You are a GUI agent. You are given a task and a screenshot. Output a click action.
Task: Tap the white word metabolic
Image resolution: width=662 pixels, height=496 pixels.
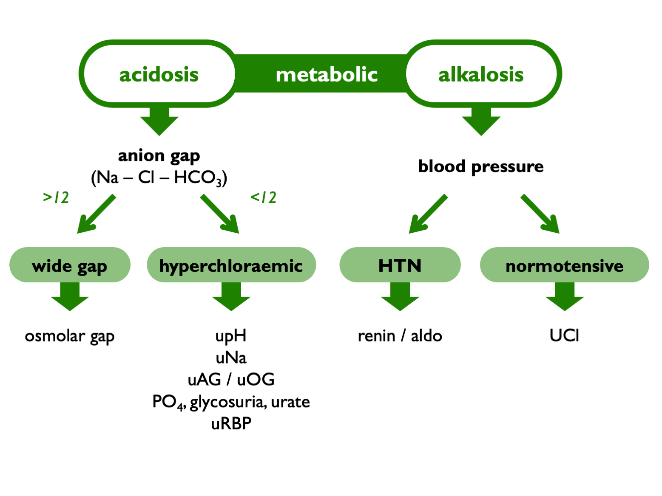327,75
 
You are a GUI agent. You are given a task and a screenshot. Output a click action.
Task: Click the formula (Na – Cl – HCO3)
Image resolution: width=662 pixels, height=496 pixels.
159,178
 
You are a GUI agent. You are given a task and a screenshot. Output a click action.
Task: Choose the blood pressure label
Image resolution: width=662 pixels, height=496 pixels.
481,167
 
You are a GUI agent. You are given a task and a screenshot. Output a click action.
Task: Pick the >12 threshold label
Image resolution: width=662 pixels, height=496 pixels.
56,197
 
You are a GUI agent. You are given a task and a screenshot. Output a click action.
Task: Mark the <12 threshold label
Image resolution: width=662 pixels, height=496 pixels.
263,197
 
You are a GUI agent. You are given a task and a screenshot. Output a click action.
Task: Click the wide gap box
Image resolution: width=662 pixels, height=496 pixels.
70,265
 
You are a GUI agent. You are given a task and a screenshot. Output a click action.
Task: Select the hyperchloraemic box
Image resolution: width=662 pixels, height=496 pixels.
231,265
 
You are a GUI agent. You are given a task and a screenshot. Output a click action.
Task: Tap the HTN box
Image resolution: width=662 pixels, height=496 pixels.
400,265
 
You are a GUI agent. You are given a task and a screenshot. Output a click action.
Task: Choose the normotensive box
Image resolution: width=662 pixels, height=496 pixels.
565,265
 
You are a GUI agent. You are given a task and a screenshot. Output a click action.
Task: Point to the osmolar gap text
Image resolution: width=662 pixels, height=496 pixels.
70,336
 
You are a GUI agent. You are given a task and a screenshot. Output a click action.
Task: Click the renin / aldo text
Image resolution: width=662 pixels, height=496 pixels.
400,336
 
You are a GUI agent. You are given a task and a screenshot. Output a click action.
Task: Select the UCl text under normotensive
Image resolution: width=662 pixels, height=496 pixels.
564,335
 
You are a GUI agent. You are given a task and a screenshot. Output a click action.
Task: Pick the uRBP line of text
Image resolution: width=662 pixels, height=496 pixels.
231,424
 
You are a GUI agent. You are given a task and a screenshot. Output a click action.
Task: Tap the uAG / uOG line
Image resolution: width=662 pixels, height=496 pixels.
231,380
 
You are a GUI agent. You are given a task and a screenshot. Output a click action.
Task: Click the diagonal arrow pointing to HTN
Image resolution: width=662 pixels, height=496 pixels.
428,214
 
